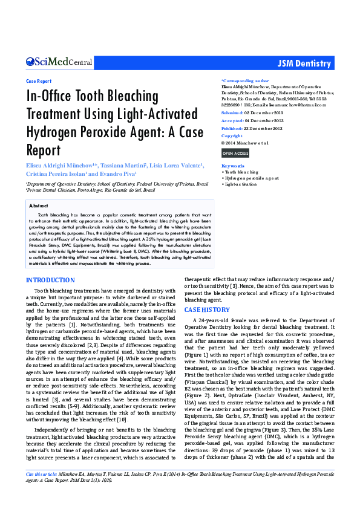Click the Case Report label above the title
click(39, 80)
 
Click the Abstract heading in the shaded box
click(39, 206)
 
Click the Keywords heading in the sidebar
click(233, 166)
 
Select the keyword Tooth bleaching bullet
click(241, 172)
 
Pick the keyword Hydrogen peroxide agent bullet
click(250, 178)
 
